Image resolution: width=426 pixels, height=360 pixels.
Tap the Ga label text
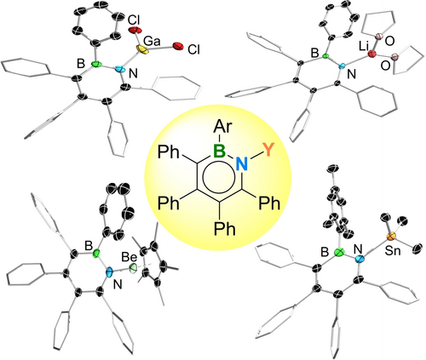click(x=152, y=42)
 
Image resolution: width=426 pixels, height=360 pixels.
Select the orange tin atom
click(x=391, y=236)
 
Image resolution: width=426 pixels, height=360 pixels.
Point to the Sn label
click(x=393, y=251)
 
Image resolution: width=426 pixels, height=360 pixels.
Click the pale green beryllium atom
click(x=133, y=268)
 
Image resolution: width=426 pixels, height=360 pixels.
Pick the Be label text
click(x=130, y=257)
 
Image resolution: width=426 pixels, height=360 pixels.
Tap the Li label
click(x=364, y=47)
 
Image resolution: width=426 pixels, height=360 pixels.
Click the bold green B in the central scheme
click(x=219, y=151)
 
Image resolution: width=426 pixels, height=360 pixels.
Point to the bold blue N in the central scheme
click(x=242, y=163)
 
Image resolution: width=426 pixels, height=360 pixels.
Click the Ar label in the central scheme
click(x=222, y=126)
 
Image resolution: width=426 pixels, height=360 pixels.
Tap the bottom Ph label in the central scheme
click(x=225, y=228)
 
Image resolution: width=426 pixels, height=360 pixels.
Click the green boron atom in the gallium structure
click(x=97, y=65)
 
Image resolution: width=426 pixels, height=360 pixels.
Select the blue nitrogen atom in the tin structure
click(x=360, y=258)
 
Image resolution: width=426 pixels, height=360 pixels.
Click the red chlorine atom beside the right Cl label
click(x=178, y=47)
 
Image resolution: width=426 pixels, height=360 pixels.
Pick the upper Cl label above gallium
click(x=134, y=20)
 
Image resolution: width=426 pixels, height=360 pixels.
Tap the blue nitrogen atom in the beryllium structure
click(x=109, y=272)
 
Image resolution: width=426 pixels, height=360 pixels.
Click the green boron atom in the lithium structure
click(x=326, y=56)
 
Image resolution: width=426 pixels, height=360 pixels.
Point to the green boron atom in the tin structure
click(x=339, y=252)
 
